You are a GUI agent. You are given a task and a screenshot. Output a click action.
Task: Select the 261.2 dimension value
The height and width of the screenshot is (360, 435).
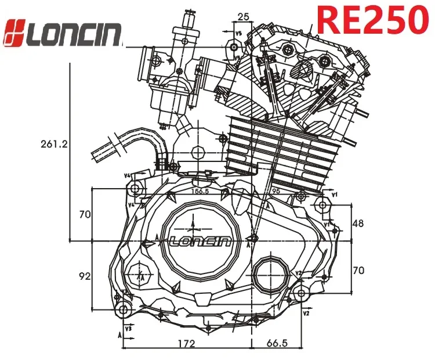pyautogui.click(x=53, y=143)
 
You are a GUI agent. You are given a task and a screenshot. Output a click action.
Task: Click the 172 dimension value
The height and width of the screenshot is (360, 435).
pyautogui.click(x=186, y=344)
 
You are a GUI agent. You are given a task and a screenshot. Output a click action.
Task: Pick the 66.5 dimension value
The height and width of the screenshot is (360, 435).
pyautogui.click(x=278, y=344)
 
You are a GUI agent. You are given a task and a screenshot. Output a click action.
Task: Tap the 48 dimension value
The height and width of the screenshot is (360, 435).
pyautogui.click(x=359, y=223)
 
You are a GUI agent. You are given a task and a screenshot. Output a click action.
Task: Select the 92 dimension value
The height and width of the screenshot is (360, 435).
pyautogui.click(x=85, y=276)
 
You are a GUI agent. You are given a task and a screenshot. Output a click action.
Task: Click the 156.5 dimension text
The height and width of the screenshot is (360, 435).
pyautogui.click(x=200, y=190)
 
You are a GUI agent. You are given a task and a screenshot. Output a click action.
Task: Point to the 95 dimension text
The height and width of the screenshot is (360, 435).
pyautogui.click(x=275, y=190)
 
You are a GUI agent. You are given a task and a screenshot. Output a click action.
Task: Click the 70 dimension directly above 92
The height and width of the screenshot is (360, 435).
pyautogui.click(x=85, y=214)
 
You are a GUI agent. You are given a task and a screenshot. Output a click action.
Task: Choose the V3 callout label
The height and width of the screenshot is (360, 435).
pyautogui.click(x=128, y=329)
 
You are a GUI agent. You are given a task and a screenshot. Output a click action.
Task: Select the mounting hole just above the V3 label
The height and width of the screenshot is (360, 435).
pyautogui.click(x=122, y=309)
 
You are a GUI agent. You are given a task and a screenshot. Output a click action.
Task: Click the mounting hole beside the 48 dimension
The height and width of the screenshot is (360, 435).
pyautogui.click(x=323, y=204)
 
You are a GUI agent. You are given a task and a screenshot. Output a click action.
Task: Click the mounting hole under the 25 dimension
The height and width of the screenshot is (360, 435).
pyautogui.click(x=234, y=46)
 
